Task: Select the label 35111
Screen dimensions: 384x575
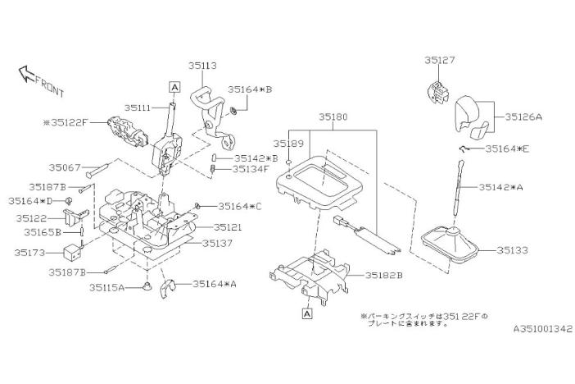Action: [x=140, y=107]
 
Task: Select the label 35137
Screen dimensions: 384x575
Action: [x=217, y=244]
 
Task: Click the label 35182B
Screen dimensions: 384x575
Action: [x=383, y=276]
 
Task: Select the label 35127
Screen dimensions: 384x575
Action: [x=441, y=60]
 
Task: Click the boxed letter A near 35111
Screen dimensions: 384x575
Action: [x=174, y=85]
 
